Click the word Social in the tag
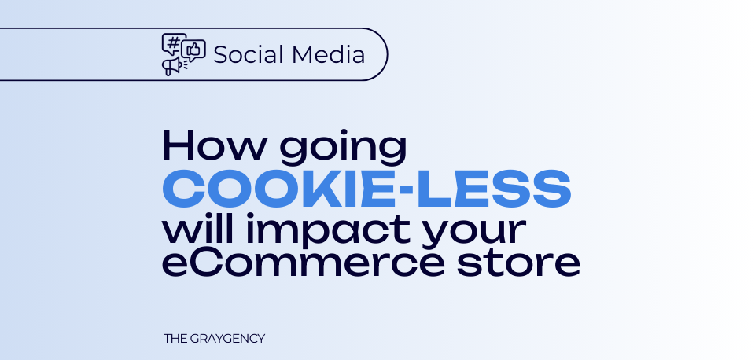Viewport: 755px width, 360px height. point(249,54)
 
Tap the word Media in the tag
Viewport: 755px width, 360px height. point(329,54)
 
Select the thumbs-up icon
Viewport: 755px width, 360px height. point(194,49)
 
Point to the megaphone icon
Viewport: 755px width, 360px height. point(172,66)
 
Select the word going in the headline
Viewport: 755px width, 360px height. point(344,149)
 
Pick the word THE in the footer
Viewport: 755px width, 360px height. point(175,338)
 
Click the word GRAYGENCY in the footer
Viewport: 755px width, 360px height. point(227,338)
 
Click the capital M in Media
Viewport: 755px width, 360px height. point(301,54)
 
